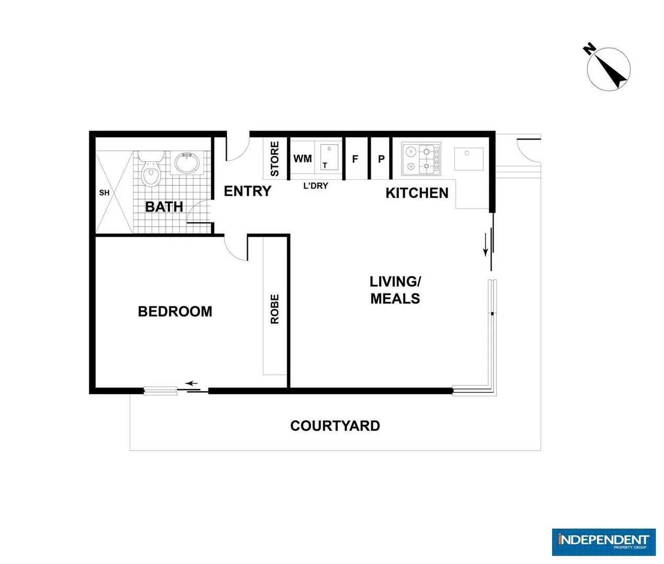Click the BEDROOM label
click(175, 311)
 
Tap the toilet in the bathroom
click(151, 170)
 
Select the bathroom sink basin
click(186, 163)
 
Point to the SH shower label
click(105, 193)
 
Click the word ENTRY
click(247, 191)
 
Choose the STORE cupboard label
click(274, 159)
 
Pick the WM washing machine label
click(302, 158)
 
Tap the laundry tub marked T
click(329, 157)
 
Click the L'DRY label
click(316, 185)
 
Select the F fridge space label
click(355, 159)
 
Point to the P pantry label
click(381, 159)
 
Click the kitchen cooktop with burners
click(421, 159)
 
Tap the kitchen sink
click(468, 159)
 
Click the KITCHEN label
click(417, 193)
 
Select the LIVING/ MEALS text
click(395, 290)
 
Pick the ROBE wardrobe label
click(274, 309)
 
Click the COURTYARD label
click(335, 426)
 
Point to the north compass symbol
click(608, 68)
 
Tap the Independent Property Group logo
click(603, 542)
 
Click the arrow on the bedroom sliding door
click(191, 383)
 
